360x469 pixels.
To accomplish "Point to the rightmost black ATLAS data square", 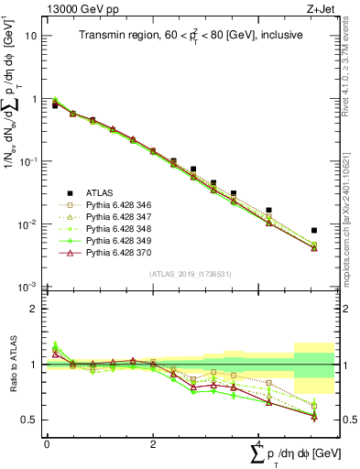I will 314,230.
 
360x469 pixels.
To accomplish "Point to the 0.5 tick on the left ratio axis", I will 30,420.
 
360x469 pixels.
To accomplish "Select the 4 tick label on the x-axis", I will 260,443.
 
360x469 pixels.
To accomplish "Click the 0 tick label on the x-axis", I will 47,443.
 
